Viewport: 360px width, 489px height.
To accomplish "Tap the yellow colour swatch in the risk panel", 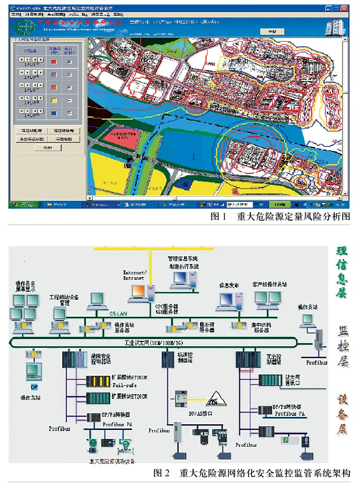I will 53,100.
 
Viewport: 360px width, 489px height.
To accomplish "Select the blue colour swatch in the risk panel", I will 53,113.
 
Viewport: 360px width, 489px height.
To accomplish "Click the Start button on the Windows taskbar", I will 22,204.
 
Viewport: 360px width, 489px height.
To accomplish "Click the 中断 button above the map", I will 272,32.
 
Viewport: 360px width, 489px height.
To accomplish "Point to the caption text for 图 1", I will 280,217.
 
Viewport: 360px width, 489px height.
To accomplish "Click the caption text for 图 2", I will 251,472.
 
